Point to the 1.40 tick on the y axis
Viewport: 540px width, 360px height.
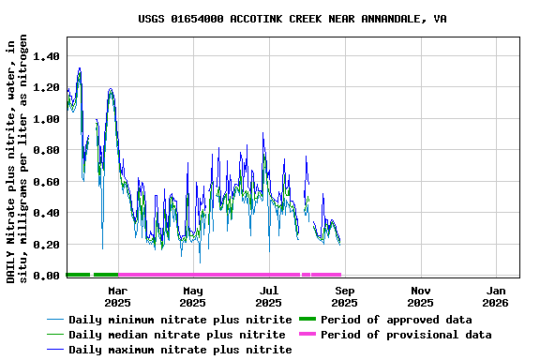coord(46,56)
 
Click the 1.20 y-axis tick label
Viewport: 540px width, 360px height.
coord(46,88)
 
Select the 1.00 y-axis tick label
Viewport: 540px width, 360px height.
coord(46,119)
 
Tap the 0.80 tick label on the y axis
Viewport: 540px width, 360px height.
coord(46,150)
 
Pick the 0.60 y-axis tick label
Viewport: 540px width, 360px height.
coord(46,182)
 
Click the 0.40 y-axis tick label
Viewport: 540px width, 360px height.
coord(46,213)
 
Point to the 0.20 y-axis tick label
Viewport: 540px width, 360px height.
coord(46,245)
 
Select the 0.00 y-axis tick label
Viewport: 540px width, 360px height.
coord(46,276)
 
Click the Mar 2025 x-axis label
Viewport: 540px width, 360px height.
coord(117,296)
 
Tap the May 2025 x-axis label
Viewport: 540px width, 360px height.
coord(193,296)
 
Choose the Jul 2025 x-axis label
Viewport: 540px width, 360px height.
coord(269,296)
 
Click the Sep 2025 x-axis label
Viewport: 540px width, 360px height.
coord(344,296)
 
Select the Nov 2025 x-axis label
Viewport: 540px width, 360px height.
coord(420,296)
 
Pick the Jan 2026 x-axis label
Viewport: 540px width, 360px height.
coord(496,296)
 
